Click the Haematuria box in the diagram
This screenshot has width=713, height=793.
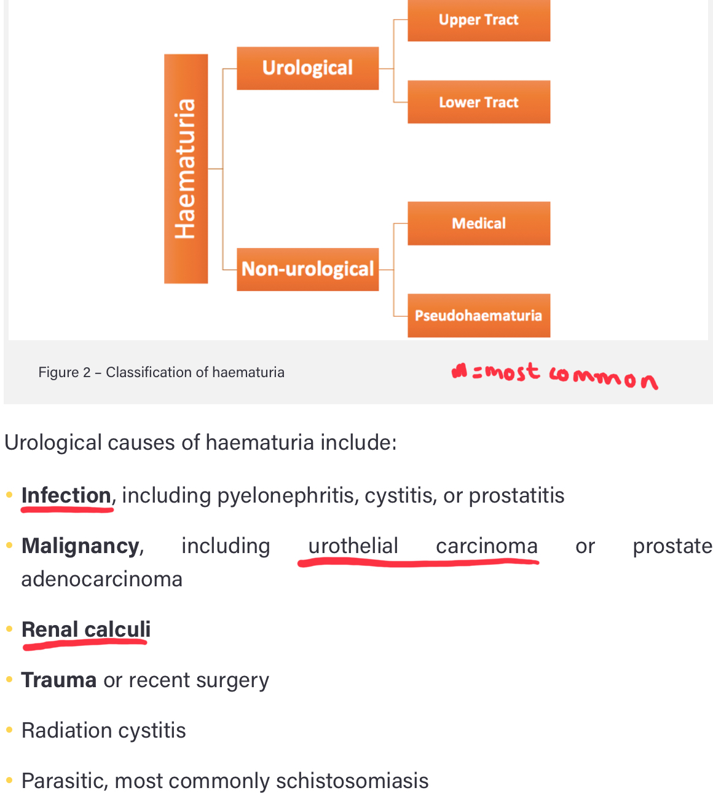pyautogui.click(x=186, y=169)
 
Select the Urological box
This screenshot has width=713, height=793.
pyautogui.click(x=307, y=68)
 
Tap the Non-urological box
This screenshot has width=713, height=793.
pyautogui.click(x=307, y=269)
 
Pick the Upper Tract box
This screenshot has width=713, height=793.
pyautogui.click(x=478, y=20)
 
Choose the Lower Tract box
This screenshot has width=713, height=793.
pyautogui.click(x=478, y=102)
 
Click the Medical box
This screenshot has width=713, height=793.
pyautogui.click(x=478, y=223)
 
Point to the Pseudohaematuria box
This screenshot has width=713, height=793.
pyautogui.click(x=478, y=316)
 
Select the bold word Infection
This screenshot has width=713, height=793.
pyautogui.click(x=66, y=495)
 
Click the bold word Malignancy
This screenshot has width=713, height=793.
pyautogui.click(x=81, y=546)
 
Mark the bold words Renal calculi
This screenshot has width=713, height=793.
pyautogui.click(x=85, y=629)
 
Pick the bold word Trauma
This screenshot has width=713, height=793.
pyautogui.click(x=59, y=680)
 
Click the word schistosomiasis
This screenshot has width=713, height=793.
pyautogui.click(x=352, y=781)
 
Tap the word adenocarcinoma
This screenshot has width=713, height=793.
pyautogui.click(x=101, y=579)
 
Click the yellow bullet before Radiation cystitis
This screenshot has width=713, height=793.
pyautogui.click(x=9, y=730)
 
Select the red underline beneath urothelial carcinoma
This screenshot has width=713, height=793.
pyautogui.click(x=418, y=562)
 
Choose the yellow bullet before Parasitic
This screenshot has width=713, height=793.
pyautogui.click(x=9, y=781)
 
